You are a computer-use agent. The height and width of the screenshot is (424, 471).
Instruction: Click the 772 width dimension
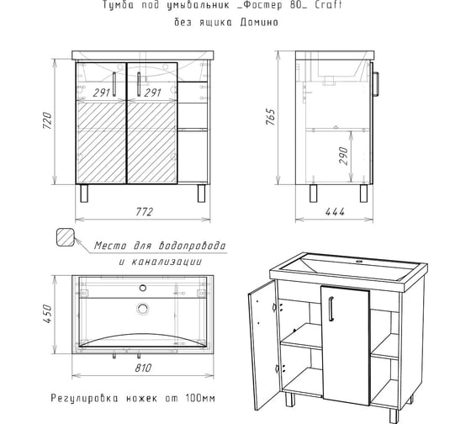[144, 212]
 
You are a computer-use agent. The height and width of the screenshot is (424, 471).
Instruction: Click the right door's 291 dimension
[152, 93]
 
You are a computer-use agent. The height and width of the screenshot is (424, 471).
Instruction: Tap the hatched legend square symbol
[65, 239]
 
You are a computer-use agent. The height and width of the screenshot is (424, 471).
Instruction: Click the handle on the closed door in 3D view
[335, 312]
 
